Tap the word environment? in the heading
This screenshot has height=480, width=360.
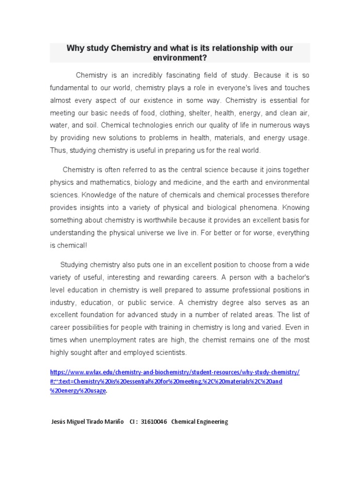tap(180, 58)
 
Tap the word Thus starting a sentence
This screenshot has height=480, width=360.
tap(58, 151)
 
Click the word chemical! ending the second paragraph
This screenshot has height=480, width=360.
tap(73, 246)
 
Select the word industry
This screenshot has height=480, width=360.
tap(65, 302)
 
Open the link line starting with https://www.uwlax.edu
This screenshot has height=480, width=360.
tap(175, 372)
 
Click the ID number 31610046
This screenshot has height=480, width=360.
tap(154, 422)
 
